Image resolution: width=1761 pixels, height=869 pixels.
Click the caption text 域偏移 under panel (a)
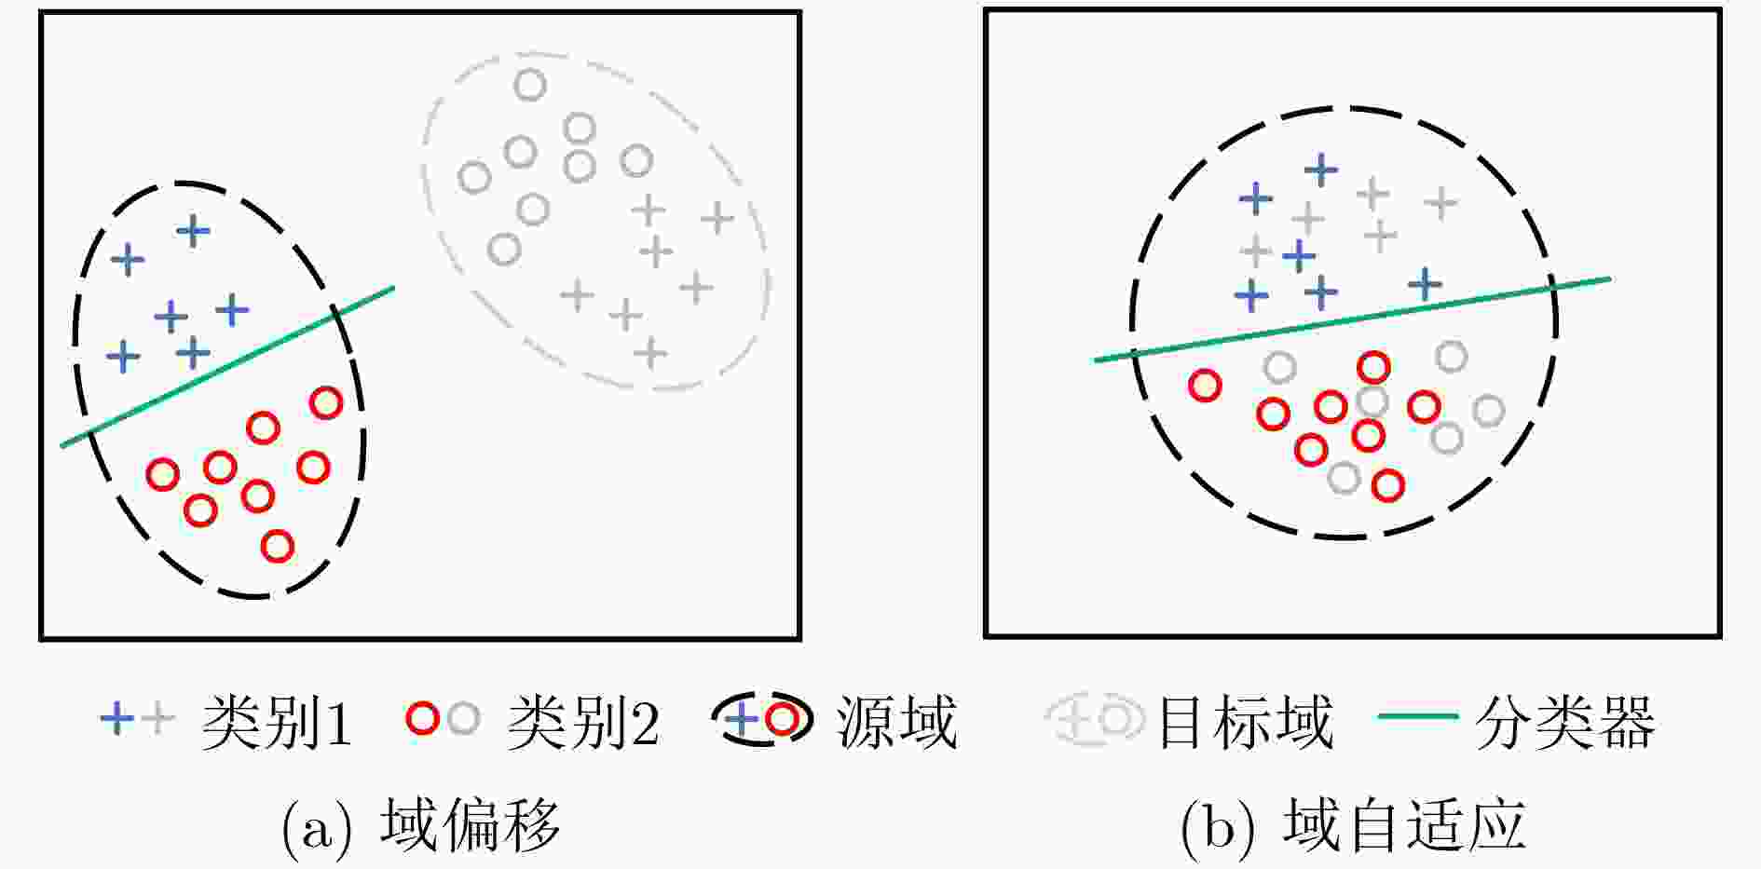click(470, 824)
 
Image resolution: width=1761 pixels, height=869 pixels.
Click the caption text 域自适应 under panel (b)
click(1404, 824)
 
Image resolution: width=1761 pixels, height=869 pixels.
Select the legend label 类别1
click(277, 722)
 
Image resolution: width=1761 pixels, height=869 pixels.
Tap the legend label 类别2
click(583, 722)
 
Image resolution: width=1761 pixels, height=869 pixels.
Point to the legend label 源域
click(896, 722)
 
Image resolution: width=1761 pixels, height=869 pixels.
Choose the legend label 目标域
click(1245, 722)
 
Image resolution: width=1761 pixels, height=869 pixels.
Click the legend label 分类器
click(1564, 722)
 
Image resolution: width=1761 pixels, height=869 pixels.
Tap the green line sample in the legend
click(1417, 716)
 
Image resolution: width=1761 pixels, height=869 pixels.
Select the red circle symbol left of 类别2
click(422, 718)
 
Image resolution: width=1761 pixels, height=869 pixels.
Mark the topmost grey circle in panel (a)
click(530, 86)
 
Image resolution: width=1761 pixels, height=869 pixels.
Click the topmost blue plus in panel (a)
click(193, 230)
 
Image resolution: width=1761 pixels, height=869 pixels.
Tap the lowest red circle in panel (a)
click(278, 545)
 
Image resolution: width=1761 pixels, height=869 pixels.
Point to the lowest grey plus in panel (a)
click(650, 353)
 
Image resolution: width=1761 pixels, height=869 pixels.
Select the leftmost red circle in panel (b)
click(1205, 385)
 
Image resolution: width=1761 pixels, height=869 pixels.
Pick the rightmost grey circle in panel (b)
click(1489, 410)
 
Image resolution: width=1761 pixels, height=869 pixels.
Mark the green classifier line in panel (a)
click(227, 367)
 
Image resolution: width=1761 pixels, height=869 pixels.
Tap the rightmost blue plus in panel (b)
click(1425, 284)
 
